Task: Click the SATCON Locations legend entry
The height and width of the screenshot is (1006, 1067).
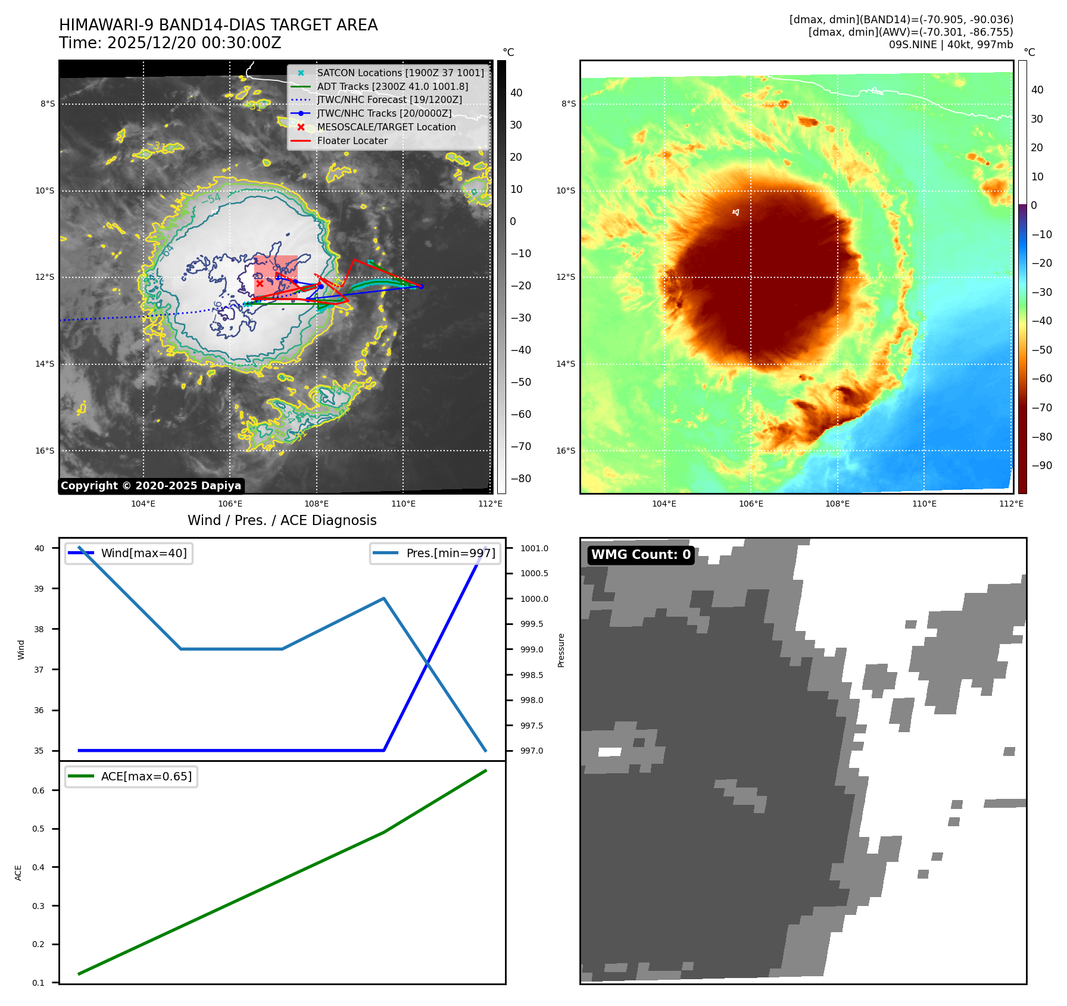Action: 400,73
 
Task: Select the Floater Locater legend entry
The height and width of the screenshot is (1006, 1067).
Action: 352,141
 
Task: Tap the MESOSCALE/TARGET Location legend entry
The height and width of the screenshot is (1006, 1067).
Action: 386,127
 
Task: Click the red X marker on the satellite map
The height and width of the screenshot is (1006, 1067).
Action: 260,283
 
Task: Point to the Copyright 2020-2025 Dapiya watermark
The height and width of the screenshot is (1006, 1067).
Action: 151,486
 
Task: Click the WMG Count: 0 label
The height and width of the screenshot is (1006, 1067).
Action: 641,555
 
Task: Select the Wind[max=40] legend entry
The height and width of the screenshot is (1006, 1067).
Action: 143,554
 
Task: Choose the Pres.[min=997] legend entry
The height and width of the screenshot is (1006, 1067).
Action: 450,554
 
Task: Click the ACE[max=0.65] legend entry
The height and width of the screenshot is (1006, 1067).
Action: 146,777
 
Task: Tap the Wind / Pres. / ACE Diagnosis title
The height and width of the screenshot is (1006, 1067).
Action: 282,521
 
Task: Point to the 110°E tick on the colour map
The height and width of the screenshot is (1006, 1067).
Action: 924,504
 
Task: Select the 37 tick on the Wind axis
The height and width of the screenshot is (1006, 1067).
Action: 39,670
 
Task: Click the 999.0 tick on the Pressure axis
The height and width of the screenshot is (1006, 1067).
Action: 532,649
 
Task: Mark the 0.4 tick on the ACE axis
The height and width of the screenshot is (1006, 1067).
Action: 38,867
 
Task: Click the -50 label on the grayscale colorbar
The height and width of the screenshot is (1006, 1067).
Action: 520,382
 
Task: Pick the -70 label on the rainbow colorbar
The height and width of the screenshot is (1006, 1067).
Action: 1041,408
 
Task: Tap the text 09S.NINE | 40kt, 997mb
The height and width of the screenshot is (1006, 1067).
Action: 950,45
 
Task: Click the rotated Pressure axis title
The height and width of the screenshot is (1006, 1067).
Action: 561,650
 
